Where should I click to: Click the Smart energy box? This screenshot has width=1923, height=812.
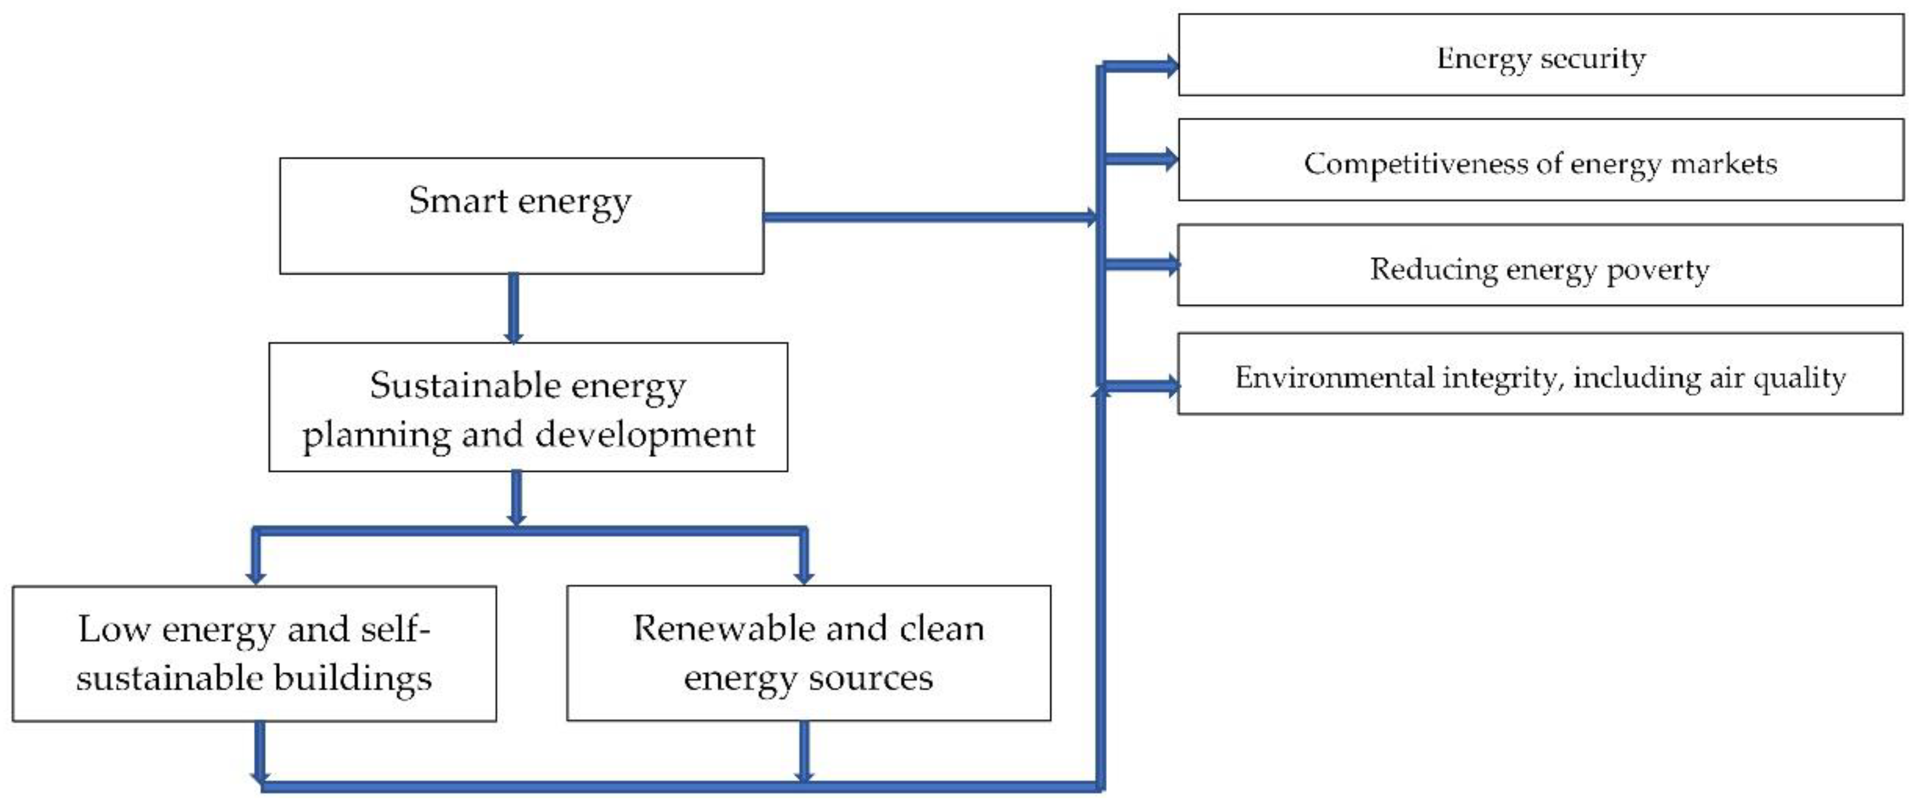(x=521, y=216)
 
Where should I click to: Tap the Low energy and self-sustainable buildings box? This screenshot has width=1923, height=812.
(x=254, y=654)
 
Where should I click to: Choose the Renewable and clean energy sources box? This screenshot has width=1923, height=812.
(x=809, y=653)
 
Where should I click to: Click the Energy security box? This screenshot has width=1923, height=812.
(x=1541, y=55)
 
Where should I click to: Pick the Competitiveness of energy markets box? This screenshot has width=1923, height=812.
(x=1541, y=160)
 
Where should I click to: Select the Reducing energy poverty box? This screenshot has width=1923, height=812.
(x=1539, y=265)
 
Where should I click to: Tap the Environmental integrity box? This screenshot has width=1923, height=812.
(x=1539, y=374)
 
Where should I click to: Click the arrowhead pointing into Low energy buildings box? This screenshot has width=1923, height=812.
(x=256, y=575)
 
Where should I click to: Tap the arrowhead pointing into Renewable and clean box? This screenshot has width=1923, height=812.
(x=804, y=575)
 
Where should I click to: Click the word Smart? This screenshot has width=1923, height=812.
(x=458, y=200)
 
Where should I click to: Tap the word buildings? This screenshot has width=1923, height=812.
(x=352, y=678)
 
